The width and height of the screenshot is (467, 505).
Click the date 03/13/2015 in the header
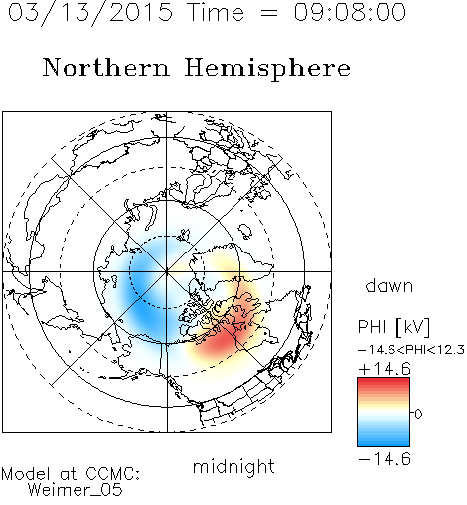[90, 13]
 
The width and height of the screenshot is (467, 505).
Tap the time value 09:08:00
[350, 12]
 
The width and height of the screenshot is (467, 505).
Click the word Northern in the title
[106, 68]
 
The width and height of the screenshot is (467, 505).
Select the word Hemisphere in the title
[267, 69]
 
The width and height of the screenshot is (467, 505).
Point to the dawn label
[389, 285]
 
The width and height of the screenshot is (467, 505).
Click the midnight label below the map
[233, 466]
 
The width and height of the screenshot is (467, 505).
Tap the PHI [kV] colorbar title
[393, 327]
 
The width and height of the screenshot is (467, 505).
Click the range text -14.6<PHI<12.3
[411, 350]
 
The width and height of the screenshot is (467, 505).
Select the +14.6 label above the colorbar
[385, 369]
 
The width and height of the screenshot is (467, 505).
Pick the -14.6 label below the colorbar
[385, 459]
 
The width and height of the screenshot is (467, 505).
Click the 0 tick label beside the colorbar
[418, 414]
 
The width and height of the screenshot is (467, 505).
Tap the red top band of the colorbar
[384, 383]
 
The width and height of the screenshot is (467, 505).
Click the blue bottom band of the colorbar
[384, 441]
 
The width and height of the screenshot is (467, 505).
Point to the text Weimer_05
[76, 489]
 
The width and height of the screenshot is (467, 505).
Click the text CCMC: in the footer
[112, 474]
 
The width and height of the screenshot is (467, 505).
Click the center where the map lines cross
[167, 271]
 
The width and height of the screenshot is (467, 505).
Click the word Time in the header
[216, 12]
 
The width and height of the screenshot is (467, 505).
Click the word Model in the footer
[26, 474]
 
